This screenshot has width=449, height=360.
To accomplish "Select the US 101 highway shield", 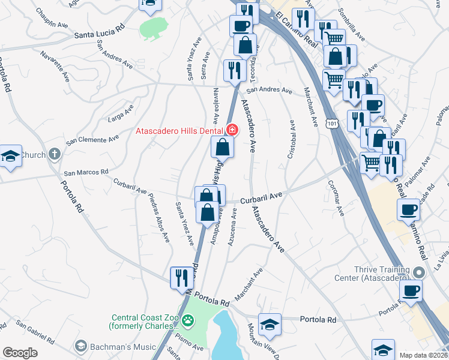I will pos(332,124).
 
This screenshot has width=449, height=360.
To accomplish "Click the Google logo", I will pos(20,353).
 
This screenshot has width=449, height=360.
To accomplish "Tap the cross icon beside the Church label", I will pos(55,154).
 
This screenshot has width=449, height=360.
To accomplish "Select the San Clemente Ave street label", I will pos(92,140).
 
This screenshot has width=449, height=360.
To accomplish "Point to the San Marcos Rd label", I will pos(86,172).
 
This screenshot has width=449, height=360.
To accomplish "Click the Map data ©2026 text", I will pos(423,355).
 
